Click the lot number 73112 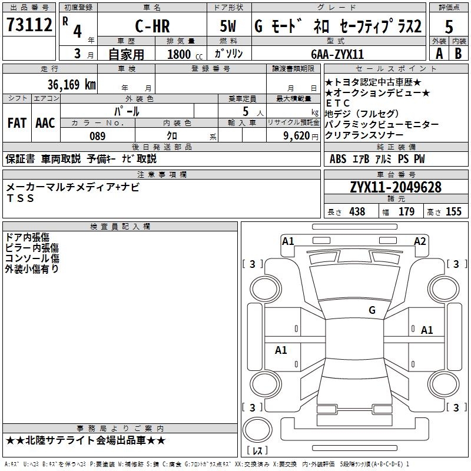pos(29,25)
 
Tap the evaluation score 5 pos(449,26)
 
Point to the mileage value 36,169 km pos(72,84)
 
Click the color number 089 pos(97,136)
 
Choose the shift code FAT pos(16,123)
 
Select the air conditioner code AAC pos(45,123)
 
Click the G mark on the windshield pos(372,310)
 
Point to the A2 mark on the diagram pos(420,241)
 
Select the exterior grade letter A pos(439,54)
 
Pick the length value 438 pos(357,211)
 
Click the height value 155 pos(453,211)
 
